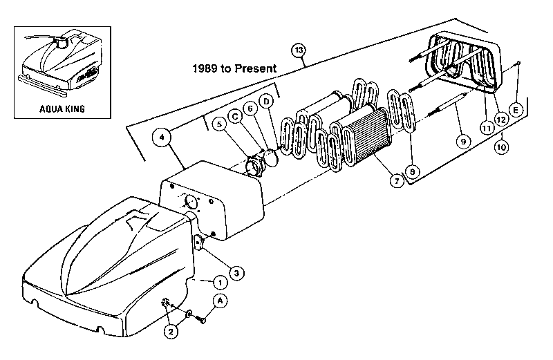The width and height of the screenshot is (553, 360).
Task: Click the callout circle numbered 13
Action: (299, 50)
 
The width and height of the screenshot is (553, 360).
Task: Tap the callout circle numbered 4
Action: (162, 138)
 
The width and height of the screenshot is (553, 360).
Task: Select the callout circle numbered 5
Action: (219, 124)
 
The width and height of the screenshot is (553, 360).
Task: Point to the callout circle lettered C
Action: (235, 116)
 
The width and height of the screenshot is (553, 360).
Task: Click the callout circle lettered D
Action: (266, 102)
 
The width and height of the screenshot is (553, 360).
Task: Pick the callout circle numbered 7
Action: (397, 181)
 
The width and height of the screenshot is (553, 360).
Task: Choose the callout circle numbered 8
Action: (412, 171)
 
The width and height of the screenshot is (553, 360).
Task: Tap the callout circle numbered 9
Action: (463, 142)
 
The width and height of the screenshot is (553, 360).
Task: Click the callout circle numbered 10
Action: (501, 146)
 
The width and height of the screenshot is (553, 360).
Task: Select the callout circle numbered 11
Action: (487, 128)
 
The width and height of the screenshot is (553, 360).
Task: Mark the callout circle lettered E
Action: (516, 111)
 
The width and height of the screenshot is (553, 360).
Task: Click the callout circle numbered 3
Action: (236, 273)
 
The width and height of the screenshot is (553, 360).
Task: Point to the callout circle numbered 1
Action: (221, 283)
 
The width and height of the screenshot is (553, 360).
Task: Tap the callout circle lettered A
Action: (221, 301)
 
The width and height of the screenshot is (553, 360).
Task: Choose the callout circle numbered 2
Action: (171, 332)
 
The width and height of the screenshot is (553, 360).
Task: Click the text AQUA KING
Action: (62, 108)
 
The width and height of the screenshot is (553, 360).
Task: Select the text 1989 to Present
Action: (234, 68)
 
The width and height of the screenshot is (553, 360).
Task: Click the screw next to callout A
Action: (202, 320)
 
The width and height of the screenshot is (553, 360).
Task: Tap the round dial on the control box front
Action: (191, 202)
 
